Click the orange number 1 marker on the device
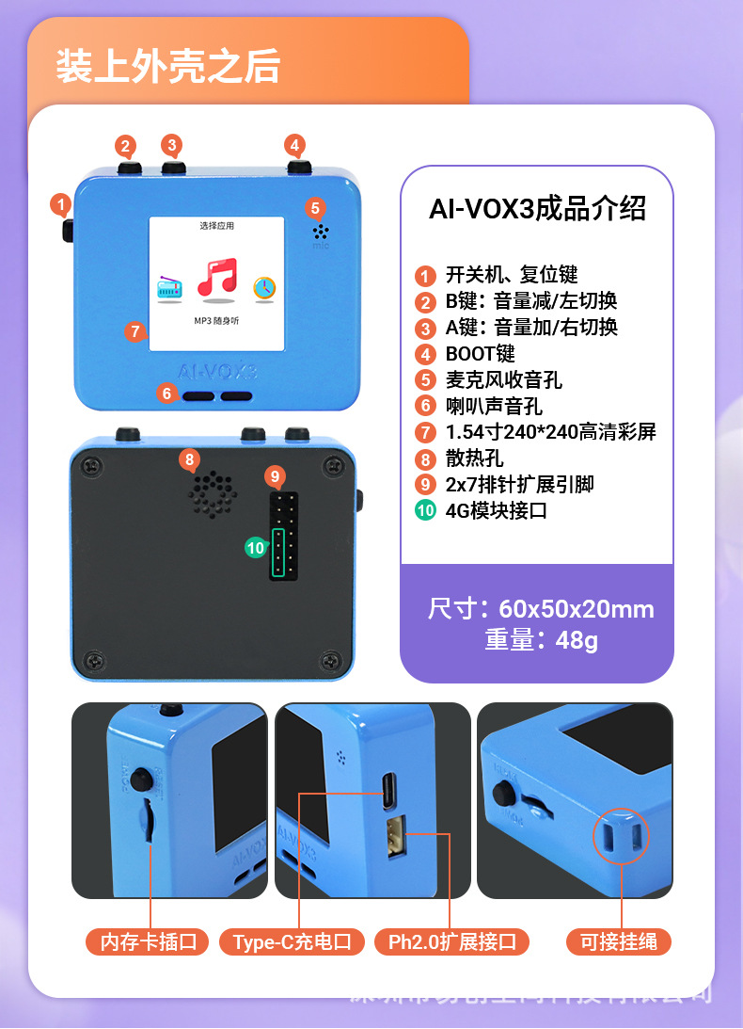60,203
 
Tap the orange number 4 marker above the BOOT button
295,145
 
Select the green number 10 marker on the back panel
255,547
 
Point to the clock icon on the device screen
264,287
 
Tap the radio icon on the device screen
170,288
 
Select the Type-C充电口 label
292,941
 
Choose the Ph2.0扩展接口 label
452,941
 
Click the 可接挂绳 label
619,941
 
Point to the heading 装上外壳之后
168,68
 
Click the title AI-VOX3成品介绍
537,209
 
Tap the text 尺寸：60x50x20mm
541,608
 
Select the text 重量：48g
541,640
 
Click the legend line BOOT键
480,354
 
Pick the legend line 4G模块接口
496,511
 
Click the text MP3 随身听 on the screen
216,322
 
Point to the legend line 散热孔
474,458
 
